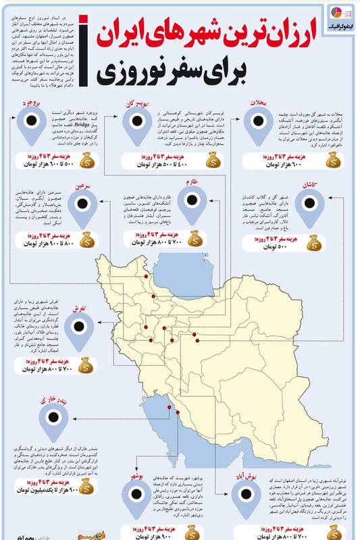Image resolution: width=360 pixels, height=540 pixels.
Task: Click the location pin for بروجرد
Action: (30, 124)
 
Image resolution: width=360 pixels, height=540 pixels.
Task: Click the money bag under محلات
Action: (332, 161)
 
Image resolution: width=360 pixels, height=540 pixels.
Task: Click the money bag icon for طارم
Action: (194, 238)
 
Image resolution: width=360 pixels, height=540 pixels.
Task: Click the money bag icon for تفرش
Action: (86, 365)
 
